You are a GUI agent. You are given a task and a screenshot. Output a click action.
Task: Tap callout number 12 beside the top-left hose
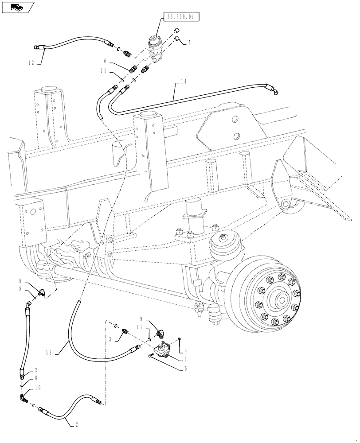tap(31, 63)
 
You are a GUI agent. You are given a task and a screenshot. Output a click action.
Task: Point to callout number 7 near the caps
tap(189, 43)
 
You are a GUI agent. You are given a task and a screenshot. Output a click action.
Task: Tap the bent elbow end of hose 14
tap(275, 91)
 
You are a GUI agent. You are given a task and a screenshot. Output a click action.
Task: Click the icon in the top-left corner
tap(17, 7)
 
